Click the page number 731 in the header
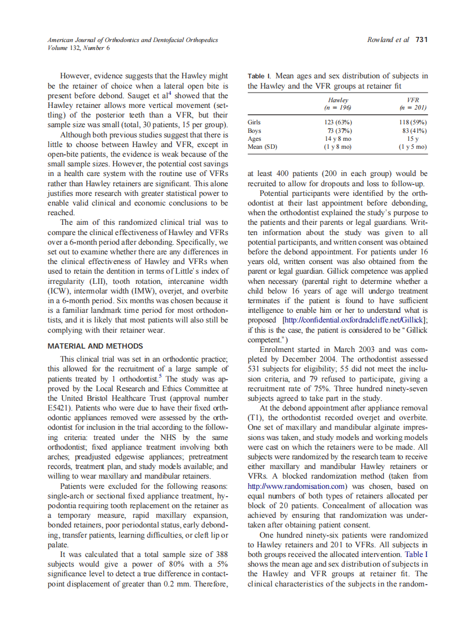tap(421, 40)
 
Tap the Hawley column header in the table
tap(338, 99)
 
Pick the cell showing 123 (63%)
tap(338, 122)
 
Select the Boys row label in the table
tap(255, 131)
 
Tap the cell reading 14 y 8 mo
tap(338, 139)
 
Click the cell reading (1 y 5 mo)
tap(413, 146)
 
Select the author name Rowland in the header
tap(382, 40)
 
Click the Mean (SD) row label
tap(262, 146)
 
